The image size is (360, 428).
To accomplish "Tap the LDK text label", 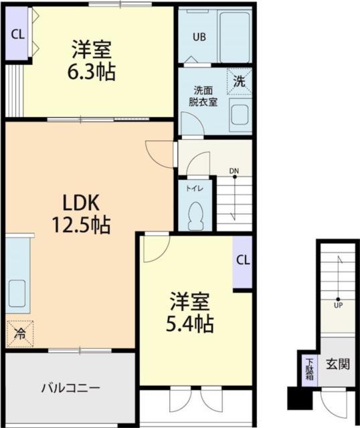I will point(82,203).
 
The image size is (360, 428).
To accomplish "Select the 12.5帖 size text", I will point(82,225).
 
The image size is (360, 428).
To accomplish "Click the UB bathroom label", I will point(199,37).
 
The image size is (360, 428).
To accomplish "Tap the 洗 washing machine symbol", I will point(238,82).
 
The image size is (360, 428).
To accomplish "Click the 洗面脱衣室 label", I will point(203,96).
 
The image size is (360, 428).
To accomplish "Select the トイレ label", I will point(195,189).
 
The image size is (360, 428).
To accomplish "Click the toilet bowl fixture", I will point(196,215).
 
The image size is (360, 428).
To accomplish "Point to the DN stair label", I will point(234,171).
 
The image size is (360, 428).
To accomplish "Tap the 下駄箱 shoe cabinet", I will point(309,368).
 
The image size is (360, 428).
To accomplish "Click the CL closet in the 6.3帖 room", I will point(17,33).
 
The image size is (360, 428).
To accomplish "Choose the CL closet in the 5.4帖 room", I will point(242,261).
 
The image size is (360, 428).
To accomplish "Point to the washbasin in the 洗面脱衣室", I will point(240,118).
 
